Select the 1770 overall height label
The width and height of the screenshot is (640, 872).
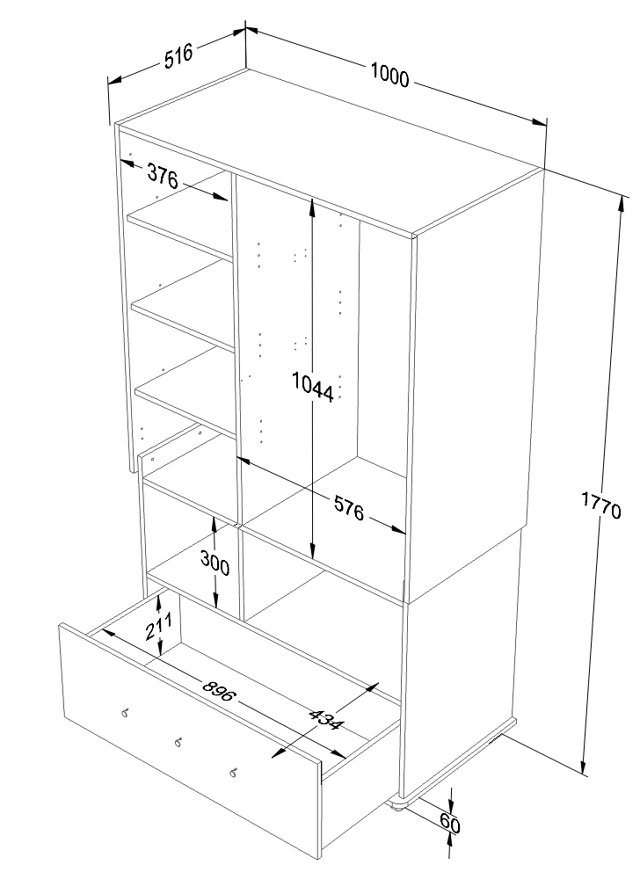[x=601, y=505]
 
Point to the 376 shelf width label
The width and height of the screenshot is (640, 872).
[x=163, y=177]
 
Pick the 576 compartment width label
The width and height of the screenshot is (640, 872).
[x=349, y=508]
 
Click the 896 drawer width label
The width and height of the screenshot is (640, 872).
[x=219, y=693]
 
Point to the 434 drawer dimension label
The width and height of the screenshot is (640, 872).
[x=326, y=720]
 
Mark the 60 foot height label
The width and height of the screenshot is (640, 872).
[x=449, y=823]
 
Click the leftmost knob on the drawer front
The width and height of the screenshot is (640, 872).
[x=125, y=712]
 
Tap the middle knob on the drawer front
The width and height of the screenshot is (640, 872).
[x=178, y=742]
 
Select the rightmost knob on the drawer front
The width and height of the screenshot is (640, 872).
[x=233, y=772]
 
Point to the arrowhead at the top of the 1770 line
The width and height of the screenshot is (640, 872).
[x=621, y=205]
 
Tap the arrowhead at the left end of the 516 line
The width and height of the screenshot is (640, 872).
[x=116, y=81]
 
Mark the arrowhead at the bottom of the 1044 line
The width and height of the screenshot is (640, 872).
[x=313, y=549]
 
